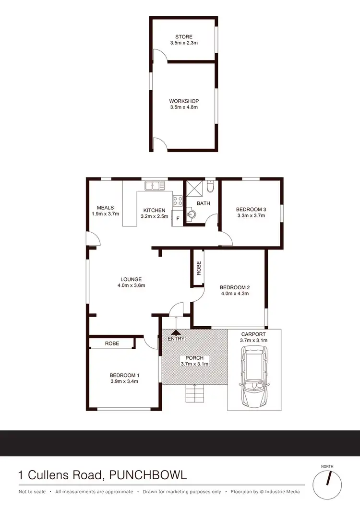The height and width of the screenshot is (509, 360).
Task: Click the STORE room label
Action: pos(184,37)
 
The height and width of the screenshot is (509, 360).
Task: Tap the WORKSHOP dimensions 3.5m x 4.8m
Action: pos(184,107)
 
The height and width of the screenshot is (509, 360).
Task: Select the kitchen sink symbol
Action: pos(155,185)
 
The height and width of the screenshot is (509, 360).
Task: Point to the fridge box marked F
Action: pos(178,219)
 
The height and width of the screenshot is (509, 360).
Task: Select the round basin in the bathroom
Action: pos(192,214)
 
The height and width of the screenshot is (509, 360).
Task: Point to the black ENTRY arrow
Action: pos(176,331)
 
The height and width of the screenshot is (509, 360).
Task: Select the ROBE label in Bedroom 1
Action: pos(112,343)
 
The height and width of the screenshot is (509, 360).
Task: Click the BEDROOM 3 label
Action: pos(251,209)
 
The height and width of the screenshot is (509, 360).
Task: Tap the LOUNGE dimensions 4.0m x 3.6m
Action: pos(131,285)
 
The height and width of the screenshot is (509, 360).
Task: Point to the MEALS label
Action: pos(105,208)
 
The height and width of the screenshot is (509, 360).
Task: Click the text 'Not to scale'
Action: pos(32,492)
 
